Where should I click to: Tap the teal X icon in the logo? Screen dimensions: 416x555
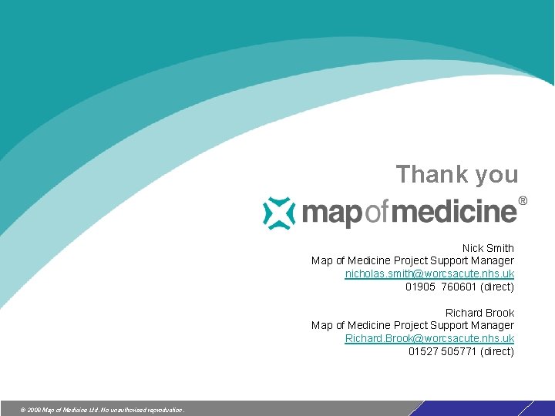[278, 213]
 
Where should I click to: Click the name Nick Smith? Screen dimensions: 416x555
[488, 248]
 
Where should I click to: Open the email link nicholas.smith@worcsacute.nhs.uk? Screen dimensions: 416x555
[429, 274]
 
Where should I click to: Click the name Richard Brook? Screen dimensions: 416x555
[479, 313]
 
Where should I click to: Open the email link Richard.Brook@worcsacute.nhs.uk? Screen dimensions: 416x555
[429, 339]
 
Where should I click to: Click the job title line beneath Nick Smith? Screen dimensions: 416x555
[412, 261]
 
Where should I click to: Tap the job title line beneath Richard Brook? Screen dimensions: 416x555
[412, 326]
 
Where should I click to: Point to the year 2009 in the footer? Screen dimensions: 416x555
[34, 410]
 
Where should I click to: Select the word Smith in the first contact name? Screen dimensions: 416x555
[499, 248]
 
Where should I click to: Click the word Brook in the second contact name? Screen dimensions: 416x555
[499, 313]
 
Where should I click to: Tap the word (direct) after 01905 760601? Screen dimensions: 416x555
[497, 287]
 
